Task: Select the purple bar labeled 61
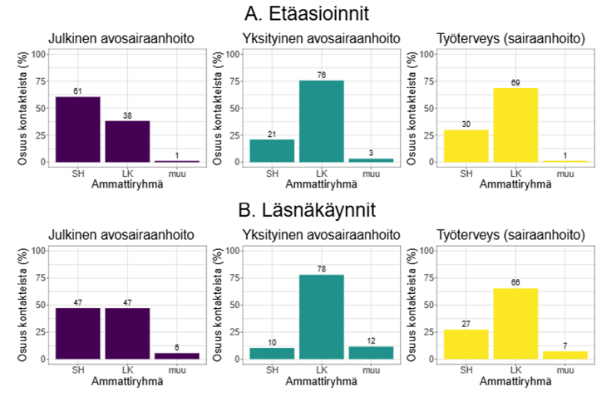78,129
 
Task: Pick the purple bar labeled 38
127,141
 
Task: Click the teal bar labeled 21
272,150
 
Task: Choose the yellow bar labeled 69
515,125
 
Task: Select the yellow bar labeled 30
466,145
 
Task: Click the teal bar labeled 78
322,316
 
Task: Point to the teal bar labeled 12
371,352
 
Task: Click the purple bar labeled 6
177,355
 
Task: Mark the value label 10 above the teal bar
272,342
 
